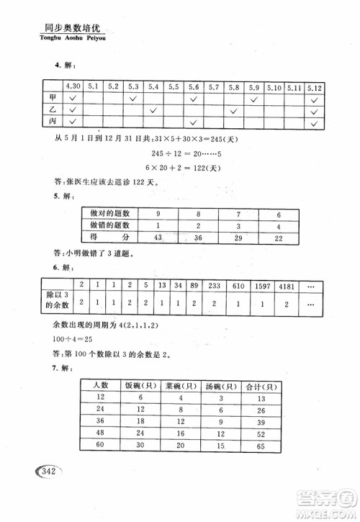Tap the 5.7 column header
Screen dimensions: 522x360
(x=213, y=88)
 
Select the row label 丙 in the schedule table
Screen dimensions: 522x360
(x=52, y=123)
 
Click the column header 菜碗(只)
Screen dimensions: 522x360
(x=179, y=386)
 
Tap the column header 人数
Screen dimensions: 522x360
(x=99, y=386)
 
